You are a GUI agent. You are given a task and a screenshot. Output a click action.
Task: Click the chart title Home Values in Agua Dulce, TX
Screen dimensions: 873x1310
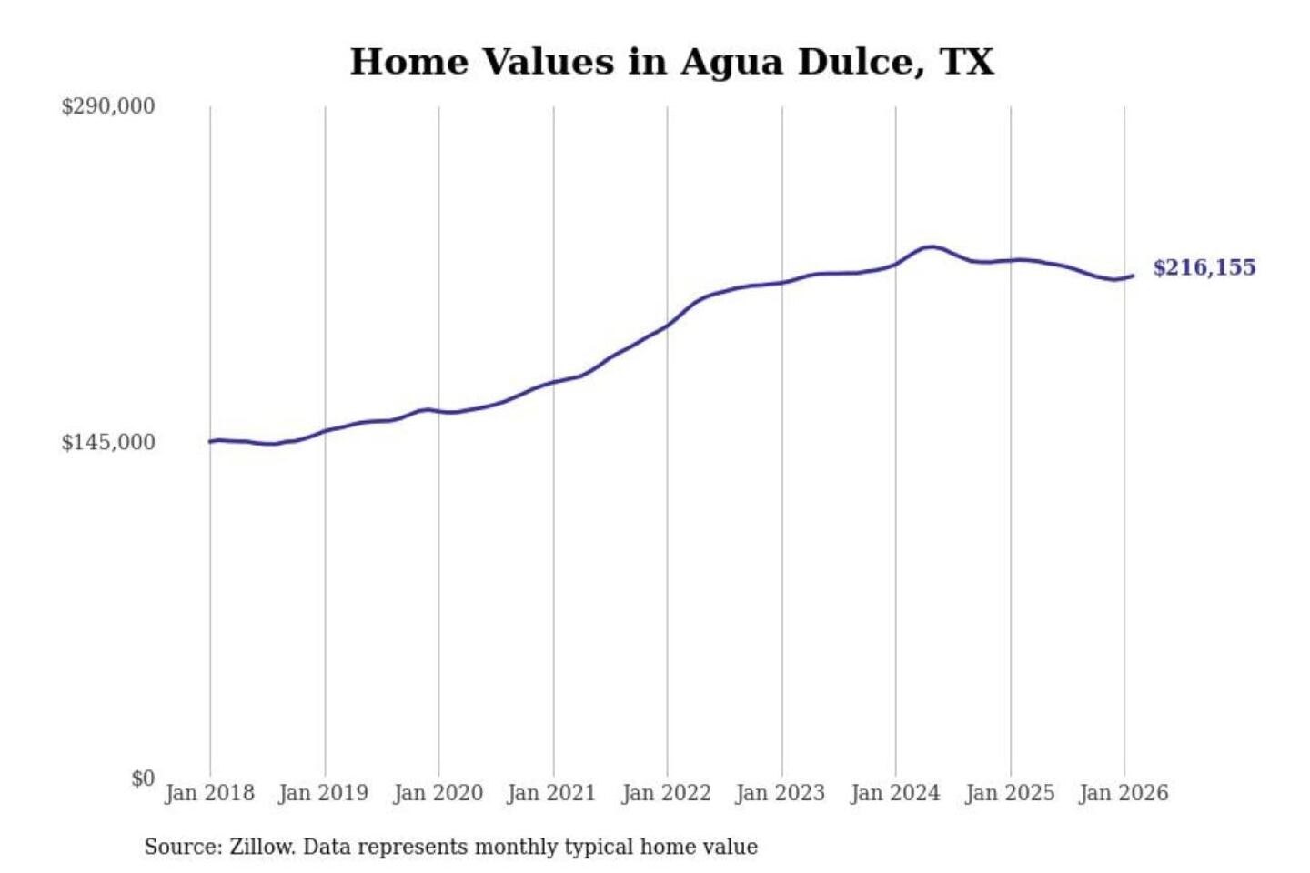(x=671, y=62)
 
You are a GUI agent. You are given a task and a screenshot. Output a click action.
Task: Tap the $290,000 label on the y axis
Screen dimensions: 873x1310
(x=108, y=106)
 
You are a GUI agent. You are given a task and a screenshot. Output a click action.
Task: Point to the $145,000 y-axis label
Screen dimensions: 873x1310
(x=108, y=442)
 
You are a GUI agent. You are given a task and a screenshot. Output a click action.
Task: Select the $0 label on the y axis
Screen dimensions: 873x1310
(x=143, y=778)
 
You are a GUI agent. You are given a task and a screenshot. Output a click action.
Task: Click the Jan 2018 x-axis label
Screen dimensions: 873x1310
(x=209, y=793)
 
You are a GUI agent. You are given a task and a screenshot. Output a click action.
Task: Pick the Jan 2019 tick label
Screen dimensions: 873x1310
(x=323, y=793)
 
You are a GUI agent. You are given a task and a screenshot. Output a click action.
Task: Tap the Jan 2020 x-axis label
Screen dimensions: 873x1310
(x=438, y=793)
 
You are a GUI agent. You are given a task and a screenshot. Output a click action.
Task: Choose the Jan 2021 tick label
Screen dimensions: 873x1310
(x=551, y=793)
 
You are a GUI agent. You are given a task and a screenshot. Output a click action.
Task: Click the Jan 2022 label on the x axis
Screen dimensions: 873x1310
(x=666, y=793)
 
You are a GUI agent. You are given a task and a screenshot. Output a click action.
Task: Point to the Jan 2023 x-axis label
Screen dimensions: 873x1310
(x=780, y=793)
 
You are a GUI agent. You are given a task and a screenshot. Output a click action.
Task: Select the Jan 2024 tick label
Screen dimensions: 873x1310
(x=894, y=793)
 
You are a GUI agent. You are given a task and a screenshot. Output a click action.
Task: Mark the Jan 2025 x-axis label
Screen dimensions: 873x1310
(x=1009, y=793)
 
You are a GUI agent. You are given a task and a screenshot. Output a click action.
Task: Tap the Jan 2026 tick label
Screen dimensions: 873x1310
(x=1123, y=793)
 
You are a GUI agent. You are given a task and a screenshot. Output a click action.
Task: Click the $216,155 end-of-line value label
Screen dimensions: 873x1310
(x=1204, y=267)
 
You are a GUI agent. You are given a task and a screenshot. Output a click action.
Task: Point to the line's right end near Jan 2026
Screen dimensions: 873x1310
(x=1132, y=276)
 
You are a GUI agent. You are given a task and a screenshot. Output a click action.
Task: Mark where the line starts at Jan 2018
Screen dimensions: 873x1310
(x=210, y=442)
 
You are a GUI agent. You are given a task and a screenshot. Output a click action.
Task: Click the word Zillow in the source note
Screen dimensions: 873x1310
(x=261, y=847)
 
